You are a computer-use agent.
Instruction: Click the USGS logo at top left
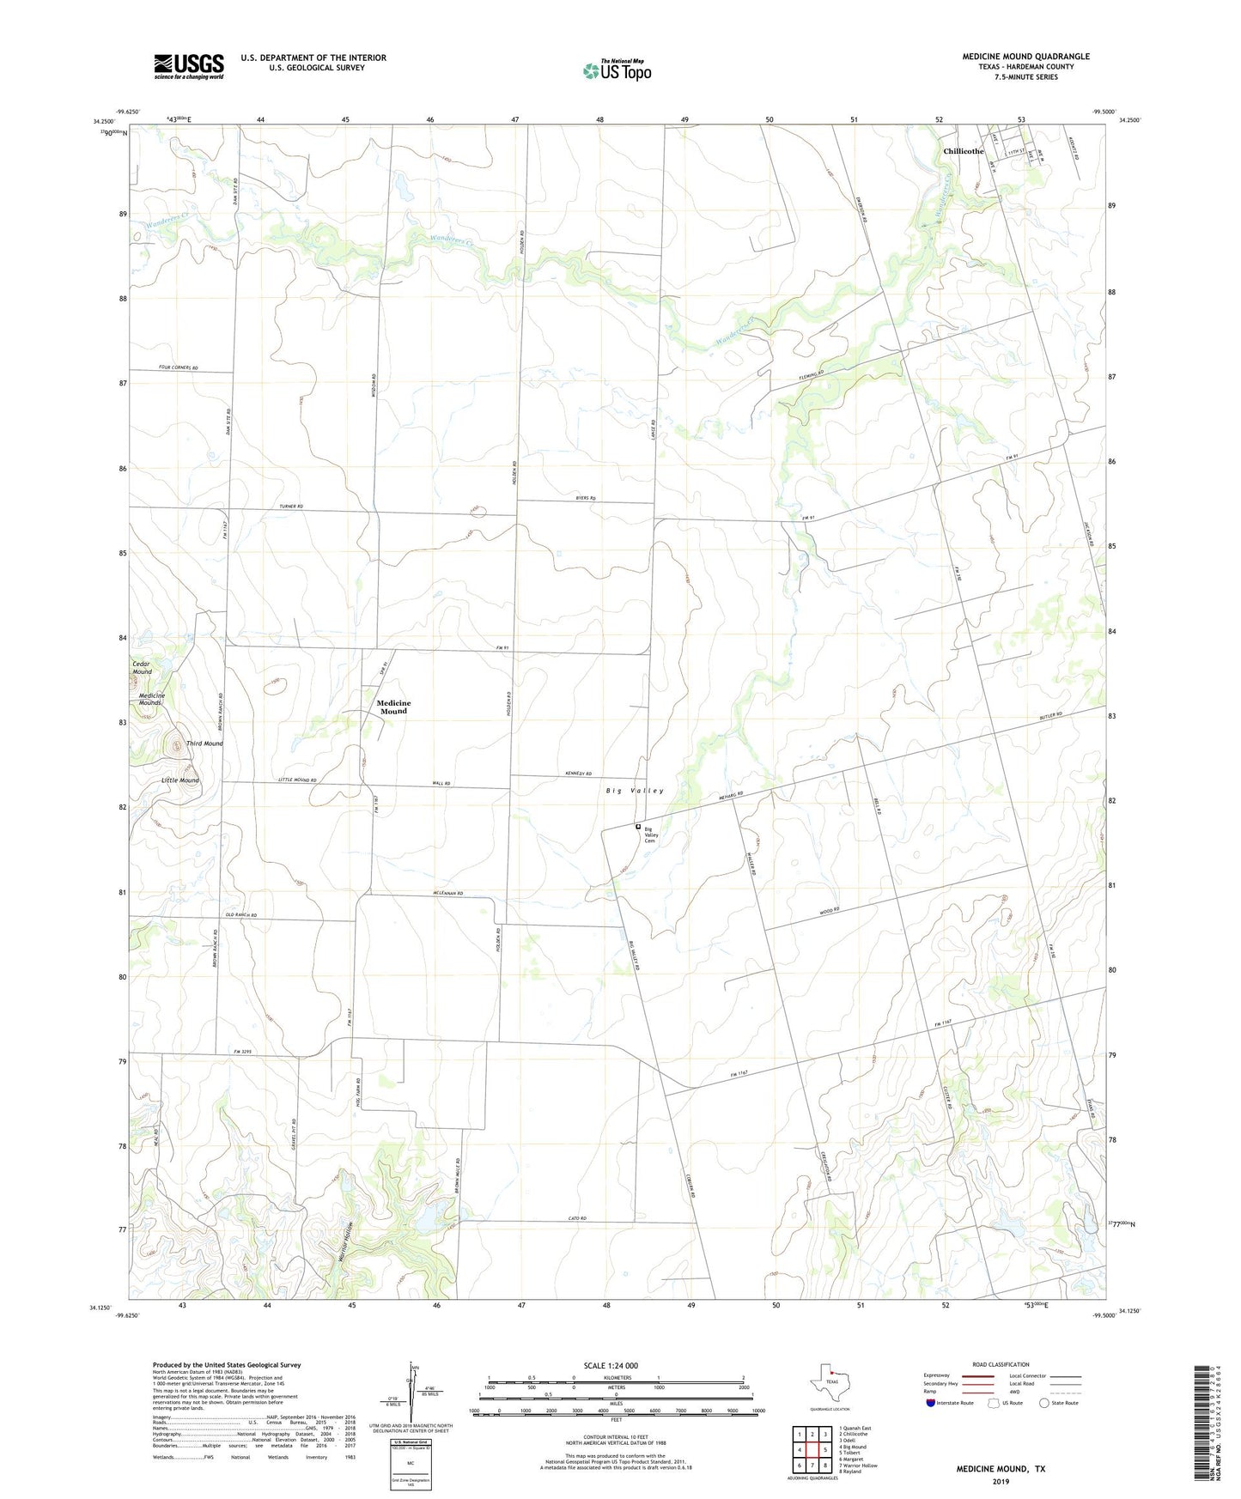[188, 66]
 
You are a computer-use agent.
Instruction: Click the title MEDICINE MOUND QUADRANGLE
[1025, 57]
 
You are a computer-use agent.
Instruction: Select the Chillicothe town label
[963, 151]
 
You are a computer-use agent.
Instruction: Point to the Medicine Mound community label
[393, 707]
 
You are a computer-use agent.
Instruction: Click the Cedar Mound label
[142, 668]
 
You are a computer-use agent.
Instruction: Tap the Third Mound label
[204, 743]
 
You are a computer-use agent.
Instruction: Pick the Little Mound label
[179, 780]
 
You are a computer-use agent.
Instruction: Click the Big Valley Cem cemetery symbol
[637, 827]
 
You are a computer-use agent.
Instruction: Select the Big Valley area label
[635, 790]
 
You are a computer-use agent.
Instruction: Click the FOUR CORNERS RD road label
[179, 368]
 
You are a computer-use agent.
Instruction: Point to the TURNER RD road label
[291, 507]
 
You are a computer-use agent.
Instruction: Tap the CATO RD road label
[576, 1219]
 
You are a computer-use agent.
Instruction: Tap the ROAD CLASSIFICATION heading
[1001, 1364]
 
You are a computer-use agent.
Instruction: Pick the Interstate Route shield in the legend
[932, 1403]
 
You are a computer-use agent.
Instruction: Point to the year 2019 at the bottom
[1000, 1481]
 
